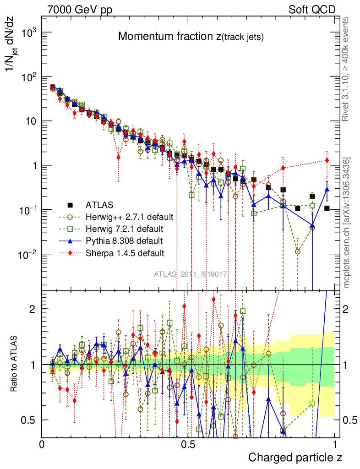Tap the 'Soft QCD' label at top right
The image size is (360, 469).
(x=312, y=10)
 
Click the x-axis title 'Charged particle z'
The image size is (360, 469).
(x=295, y=457)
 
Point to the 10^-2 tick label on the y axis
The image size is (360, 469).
(x=29, y=255)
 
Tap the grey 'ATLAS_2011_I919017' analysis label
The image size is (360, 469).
(x=191, y=274)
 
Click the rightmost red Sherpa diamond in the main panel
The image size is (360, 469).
(x=327, y=160)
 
